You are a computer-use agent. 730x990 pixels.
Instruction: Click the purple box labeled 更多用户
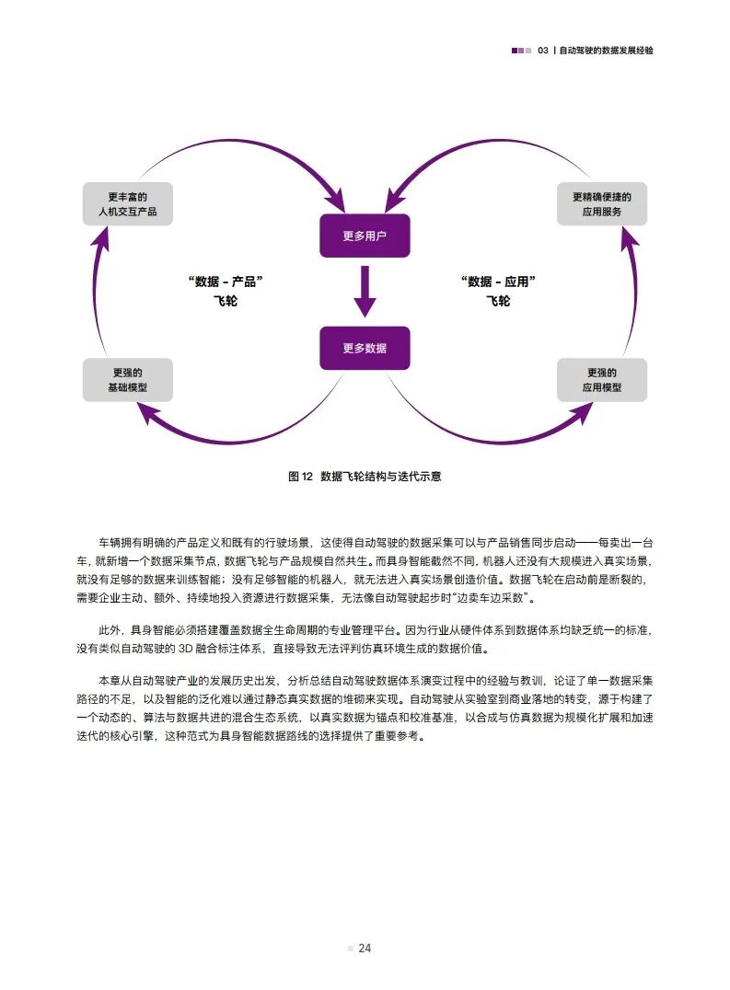[364, 236]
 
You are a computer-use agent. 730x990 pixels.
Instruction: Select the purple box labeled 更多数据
[364, 348]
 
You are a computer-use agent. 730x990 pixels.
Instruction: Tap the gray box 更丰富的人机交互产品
[127, 204]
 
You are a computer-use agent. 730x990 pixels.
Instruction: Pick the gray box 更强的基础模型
[127, 380]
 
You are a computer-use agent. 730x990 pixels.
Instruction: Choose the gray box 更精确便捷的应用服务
[602, 204]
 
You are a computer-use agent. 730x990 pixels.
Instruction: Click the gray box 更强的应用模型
[602, 380]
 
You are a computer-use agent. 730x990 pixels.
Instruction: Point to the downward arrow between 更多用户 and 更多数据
[365, 294]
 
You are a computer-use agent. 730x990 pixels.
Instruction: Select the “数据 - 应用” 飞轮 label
[498, 290]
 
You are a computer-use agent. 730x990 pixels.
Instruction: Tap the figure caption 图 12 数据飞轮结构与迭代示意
[365, 477]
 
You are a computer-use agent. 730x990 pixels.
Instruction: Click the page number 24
[365, 949]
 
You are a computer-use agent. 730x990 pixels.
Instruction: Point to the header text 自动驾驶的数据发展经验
[607, 51]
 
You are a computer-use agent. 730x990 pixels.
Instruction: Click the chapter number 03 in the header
[543, 51]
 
